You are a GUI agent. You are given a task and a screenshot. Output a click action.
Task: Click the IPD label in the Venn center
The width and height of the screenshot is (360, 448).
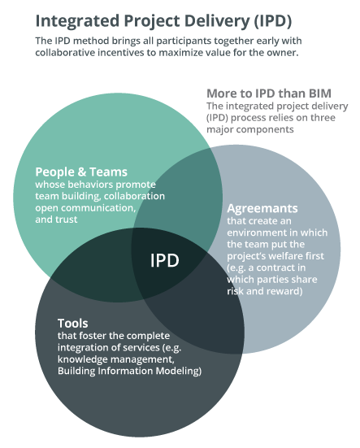[x=165, y=260]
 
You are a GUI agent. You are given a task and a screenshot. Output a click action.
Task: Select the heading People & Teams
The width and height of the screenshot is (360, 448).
[x=81, y=172]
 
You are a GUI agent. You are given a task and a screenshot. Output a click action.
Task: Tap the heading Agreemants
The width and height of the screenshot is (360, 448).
[x=262, y=209]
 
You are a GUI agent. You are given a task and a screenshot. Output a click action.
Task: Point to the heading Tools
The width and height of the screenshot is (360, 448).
[x=73, y=324]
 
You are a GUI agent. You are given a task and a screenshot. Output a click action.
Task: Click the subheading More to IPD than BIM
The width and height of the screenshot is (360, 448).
[x=269, y=94]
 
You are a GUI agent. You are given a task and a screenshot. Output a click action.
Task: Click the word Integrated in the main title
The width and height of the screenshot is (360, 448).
[x=77, y=21]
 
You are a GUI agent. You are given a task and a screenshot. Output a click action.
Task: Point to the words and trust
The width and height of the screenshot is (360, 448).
[x=56, y=220]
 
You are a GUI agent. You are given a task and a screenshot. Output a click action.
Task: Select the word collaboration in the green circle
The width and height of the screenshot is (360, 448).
[x=134, y=196]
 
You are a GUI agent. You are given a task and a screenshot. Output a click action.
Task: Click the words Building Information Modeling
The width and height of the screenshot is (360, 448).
[x=129, y=371]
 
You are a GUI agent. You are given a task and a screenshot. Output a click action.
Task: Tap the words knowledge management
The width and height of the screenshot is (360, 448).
[x=115, y=359]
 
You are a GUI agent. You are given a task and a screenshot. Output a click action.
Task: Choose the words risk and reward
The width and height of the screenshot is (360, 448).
[x=265, y=291]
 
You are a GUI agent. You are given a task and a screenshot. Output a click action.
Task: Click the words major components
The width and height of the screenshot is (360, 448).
[x=250, y=129]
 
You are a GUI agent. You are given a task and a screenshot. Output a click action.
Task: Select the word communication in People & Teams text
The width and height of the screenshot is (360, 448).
[x=98, y=207]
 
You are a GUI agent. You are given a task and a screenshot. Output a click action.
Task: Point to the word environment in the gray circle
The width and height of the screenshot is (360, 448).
[x=256, y=233]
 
